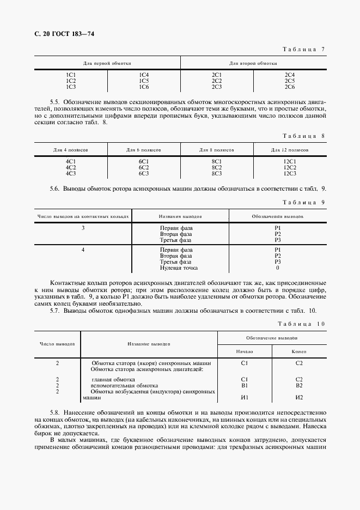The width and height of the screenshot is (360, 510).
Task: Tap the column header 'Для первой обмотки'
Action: pyautogui.click(x=107, y=64)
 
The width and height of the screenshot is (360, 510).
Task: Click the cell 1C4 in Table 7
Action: pyautogui.click(x=144, y=75)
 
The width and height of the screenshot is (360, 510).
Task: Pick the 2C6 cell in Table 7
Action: pyautogui.click(x=290, y=87)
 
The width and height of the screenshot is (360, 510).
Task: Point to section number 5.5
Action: pyautogui.click(x=54, y=102)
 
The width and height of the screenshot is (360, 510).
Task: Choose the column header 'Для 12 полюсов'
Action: pyautogui.click(x=290, y=149)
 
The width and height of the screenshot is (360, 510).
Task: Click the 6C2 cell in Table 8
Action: pyautogui.click(x=144, y=167)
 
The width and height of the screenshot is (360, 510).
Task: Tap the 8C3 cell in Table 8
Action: pyautogui.click(x=217, y=173)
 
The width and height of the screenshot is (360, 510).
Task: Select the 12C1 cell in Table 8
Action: pyautogui.click(x=290, y=161)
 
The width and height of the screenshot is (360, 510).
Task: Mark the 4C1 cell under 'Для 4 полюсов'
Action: pyautogui.click(x=71, y=161)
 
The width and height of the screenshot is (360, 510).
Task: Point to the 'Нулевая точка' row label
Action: pyautogui.click(x=179, y=268)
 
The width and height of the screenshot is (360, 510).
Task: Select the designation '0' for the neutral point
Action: pyautogui.click(x=277, y=268)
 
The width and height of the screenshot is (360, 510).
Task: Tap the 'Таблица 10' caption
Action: pyautogui.click(x=301, y=324)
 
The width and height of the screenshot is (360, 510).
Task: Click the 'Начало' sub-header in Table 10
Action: pyautogui.click(x=245, y=352)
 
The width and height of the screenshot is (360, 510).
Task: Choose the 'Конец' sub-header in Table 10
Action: pyautogui.click(x=299, y=352)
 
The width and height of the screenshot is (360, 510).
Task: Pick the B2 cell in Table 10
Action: pyautogui.click(x=299, y=385)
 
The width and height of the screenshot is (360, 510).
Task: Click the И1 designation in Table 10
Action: pyautogui.click(x=245, y=397)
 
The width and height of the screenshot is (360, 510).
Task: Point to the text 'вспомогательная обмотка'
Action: pyautogui.click(x=121, y=385)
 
